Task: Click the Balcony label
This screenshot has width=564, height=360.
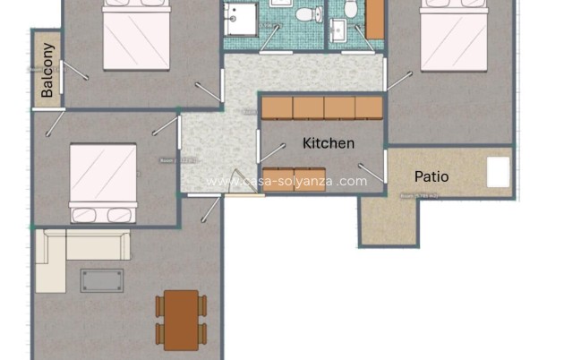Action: click(47, 69)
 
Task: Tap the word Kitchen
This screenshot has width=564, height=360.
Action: click(329, 143)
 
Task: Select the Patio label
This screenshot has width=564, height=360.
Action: click(432, 176)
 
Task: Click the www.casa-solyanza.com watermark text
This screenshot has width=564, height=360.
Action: click(286, 181)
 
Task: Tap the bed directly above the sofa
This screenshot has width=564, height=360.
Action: click(103, 182)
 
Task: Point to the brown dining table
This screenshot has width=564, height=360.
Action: click(181, 320)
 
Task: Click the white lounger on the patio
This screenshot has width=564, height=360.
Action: click(498, 172)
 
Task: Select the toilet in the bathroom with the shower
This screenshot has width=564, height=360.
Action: click(305, 14)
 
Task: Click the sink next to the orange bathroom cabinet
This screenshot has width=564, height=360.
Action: click(338, 31)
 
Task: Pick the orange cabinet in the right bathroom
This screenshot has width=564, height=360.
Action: click(375, 18)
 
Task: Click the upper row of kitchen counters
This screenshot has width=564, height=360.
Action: click(322, 107)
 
